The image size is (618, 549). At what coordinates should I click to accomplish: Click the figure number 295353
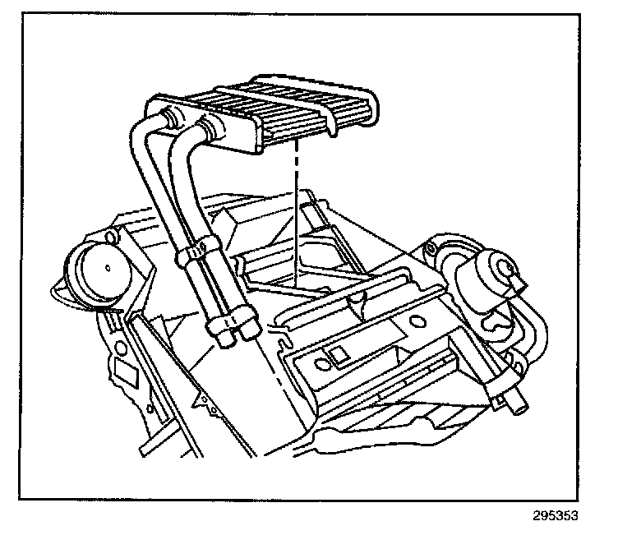(556, 516)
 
